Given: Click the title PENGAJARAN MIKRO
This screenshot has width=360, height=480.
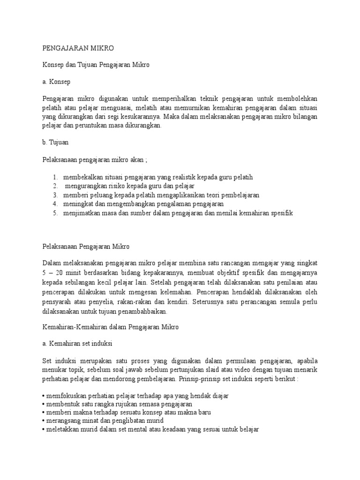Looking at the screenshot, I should [78, 48].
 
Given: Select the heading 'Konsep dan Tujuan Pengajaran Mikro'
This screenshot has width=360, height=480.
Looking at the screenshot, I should [96, 65].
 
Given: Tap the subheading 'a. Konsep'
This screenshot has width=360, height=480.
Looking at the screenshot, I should [56, 82].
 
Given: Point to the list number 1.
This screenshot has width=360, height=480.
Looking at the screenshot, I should [54, 177].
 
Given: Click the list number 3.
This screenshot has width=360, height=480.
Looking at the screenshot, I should [54, 195].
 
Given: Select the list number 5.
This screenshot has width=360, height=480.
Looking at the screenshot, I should [54, 213].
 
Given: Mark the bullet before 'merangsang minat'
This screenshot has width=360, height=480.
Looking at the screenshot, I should [43, 421].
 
